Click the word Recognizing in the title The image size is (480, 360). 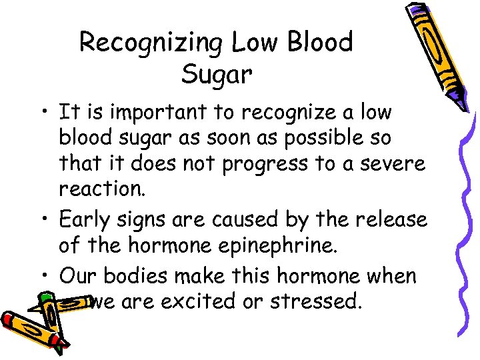point(151,43)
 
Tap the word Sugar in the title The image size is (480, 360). point(217,75)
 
